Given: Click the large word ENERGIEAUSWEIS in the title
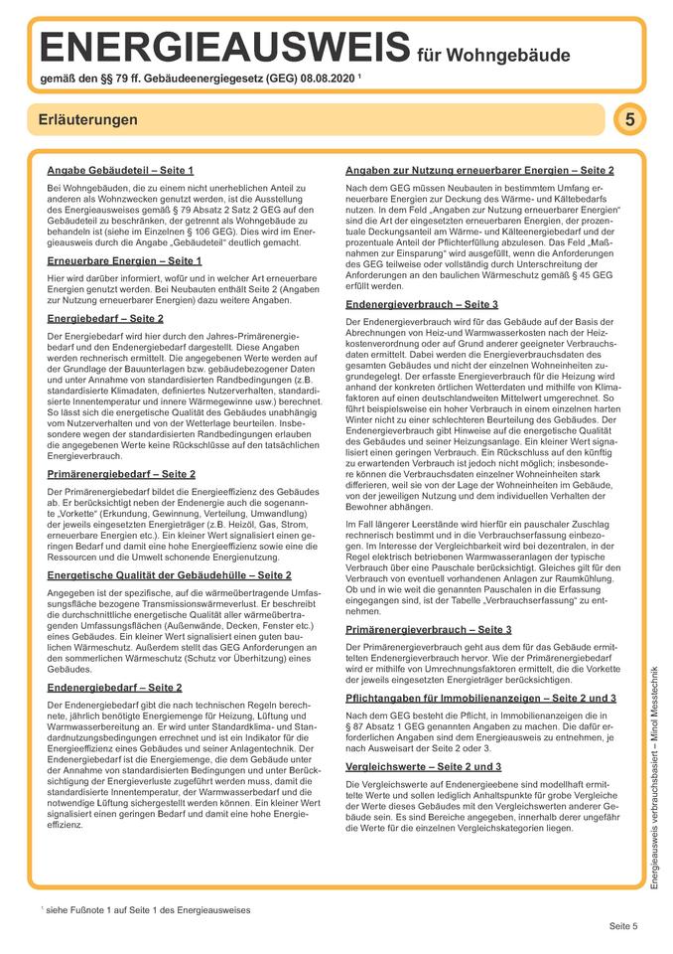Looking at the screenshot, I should pyautogui.click(x=221, y=46).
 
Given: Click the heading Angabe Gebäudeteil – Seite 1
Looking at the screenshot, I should pyautogui.click(x=120, y=170).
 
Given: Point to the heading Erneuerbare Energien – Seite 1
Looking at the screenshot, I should pyautogui.click(x=124, y=260).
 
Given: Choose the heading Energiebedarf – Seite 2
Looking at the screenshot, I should pyautogui.click(x=105, y=318).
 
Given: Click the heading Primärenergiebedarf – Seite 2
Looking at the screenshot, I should pyautogui.click(x=121, y=474).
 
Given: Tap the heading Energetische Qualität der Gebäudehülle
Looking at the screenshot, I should pyautogui.click(x=169, y=574).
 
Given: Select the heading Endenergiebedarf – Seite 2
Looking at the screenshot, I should pyautogui.click(x=114, y=687).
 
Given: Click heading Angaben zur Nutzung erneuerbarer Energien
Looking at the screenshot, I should pyautogui.click(x=479, y=170).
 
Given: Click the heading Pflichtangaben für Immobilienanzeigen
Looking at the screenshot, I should pyautogui.click(x=480, y=699).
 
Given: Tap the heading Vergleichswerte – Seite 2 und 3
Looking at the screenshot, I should pyautogui.click(x=423, y=767).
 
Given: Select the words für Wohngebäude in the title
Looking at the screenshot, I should pyautogui.click(x=493, y=54).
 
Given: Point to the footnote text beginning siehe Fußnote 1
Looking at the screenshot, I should pyautogui.click(x=149, y=909).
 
